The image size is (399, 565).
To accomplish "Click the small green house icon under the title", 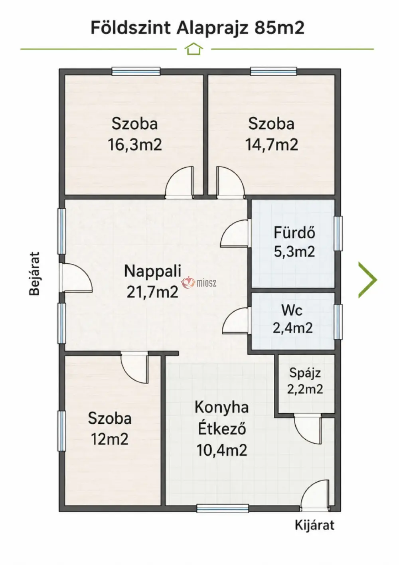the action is point(194,49).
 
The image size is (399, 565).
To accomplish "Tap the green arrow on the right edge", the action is point(368,280).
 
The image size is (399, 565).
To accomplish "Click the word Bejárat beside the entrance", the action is point(34,273).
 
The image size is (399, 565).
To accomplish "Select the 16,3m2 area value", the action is point(135,145).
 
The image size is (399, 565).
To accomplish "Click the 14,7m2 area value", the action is point(272,145).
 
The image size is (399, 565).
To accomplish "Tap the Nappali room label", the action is point(153,271).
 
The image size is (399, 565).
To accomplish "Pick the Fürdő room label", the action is point(294,233).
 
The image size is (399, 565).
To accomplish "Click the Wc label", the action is point(292,310).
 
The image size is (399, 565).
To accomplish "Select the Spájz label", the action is point(305,373).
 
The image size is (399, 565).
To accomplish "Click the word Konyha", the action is point(222,408).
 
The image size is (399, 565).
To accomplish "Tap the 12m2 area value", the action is point(109,440).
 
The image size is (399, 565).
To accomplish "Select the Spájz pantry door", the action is point(308,429).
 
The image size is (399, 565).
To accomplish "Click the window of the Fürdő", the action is point(338,233).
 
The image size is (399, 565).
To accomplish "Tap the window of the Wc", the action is point(338,322).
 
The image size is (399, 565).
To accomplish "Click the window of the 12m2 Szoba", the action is point(62,431).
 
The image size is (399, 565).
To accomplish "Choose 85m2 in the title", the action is point(279,28).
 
